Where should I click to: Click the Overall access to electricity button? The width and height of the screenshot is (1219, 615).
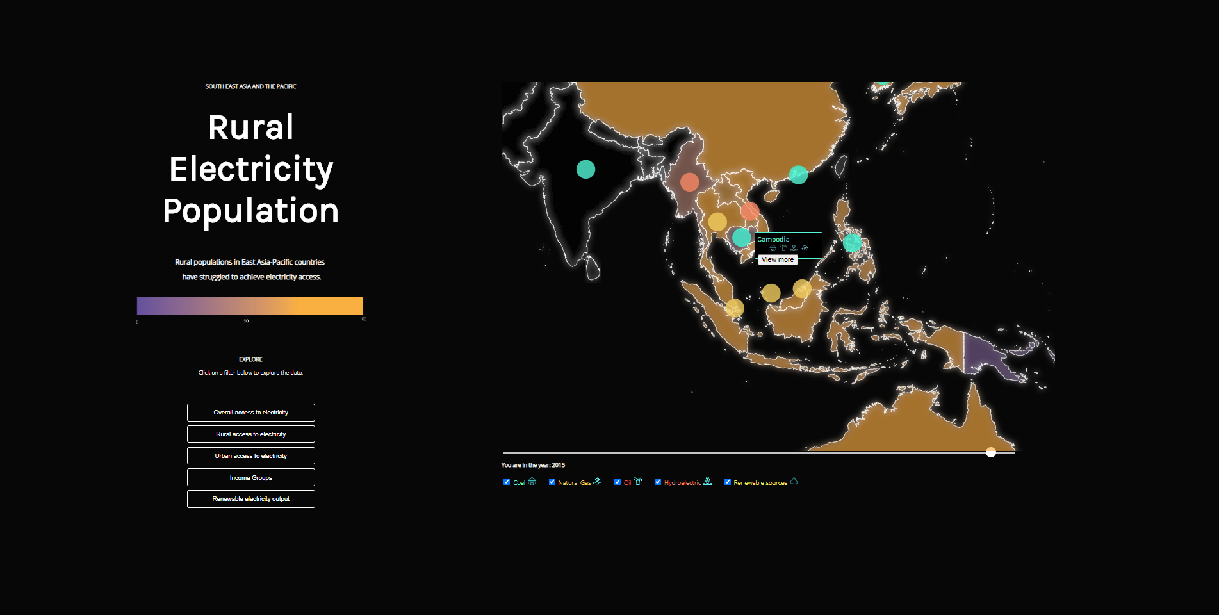coord(250,413)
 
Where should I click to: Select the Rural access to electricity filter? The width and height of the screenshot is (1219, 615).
coord(250,434)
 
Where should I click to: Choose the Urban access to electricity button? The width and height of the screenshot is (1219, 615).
coord(250,456)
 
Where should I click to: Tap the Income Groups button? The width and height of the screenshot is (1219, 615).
coord(250,478)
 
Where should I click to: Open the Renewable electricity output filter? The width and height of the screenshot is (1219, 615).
coord(250,499)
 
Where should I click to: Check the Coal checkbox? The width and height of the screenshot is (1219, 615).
coord(507,482)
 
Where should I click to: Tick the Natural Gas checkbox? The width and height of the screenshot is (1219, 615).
coord(552,482)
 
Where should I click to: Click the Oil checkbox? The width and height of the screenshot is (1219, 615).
coord(618,482)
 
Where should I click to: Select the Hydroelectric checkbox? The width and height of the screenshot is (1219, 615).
coord(658,482)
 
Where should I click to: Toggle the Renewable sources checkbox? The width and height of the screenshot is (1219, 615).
coord(728,482)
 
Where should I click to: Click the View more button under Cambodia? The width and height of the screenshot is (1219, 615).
coord(778,260)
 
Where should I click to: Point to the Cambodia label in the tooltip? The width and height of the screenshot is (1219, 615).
coord(773,240)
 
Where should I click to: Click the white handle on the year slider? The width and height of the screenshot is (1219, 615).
coord(991,452)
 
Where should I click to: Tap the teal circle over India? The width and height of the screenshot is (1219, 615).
coord(585,169)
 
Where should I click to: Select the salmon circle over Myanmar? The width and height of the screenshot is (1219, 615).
coord(689,182)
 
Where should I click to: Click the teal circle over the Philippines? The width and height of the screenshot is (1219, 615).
coord(852,243)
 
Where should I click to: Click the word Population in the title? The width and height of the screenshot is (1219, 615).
coord(250,211)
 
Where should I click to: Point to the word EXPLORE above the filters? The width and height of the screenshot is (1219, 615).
coord(250,359)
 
